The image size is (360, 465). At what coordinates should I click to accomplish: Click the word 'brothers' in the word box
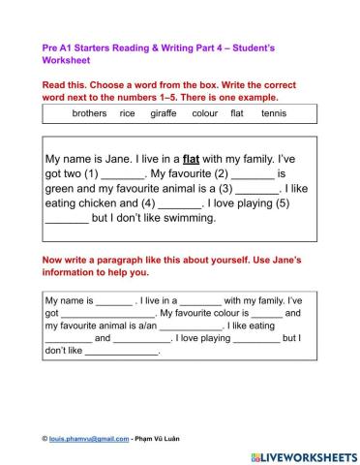pos(90,113)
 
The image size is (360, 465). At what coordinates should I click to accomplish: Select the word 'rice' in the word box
pos(127,113)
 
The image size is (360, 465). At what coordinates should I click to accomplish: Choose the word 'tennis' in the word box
pos(274,113)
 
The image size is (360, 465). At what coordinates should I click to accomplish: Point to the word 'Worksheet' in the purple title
pos(65,58)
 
